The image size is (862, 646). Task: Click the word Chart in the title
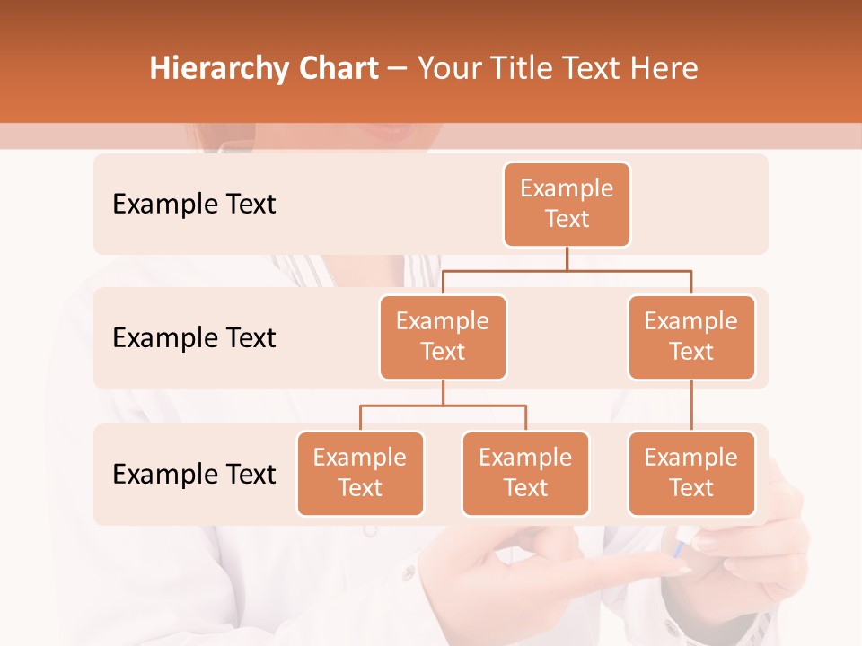333,69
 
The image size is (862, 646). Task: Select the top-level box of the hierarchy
567,205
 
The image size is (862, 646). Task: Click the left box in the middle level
443,337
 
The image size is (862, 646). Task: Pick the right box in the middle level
691,337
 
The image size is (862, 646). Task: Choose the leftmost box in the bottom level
360,474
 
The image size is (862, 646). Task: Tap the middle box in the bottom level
525,474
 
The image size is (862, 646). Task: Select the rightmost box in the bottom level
691,474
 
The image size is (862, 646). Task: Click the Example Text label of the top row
194,205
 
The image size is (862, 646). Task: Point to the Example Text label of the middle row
194,338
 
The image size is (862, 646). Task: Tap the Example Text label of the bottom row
194,474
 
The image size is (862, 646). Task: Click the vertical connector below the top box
567,258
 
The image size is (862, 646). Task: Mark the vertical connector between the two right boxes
691,406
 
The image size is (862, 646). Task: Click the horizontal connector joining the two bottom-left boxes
443,406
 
